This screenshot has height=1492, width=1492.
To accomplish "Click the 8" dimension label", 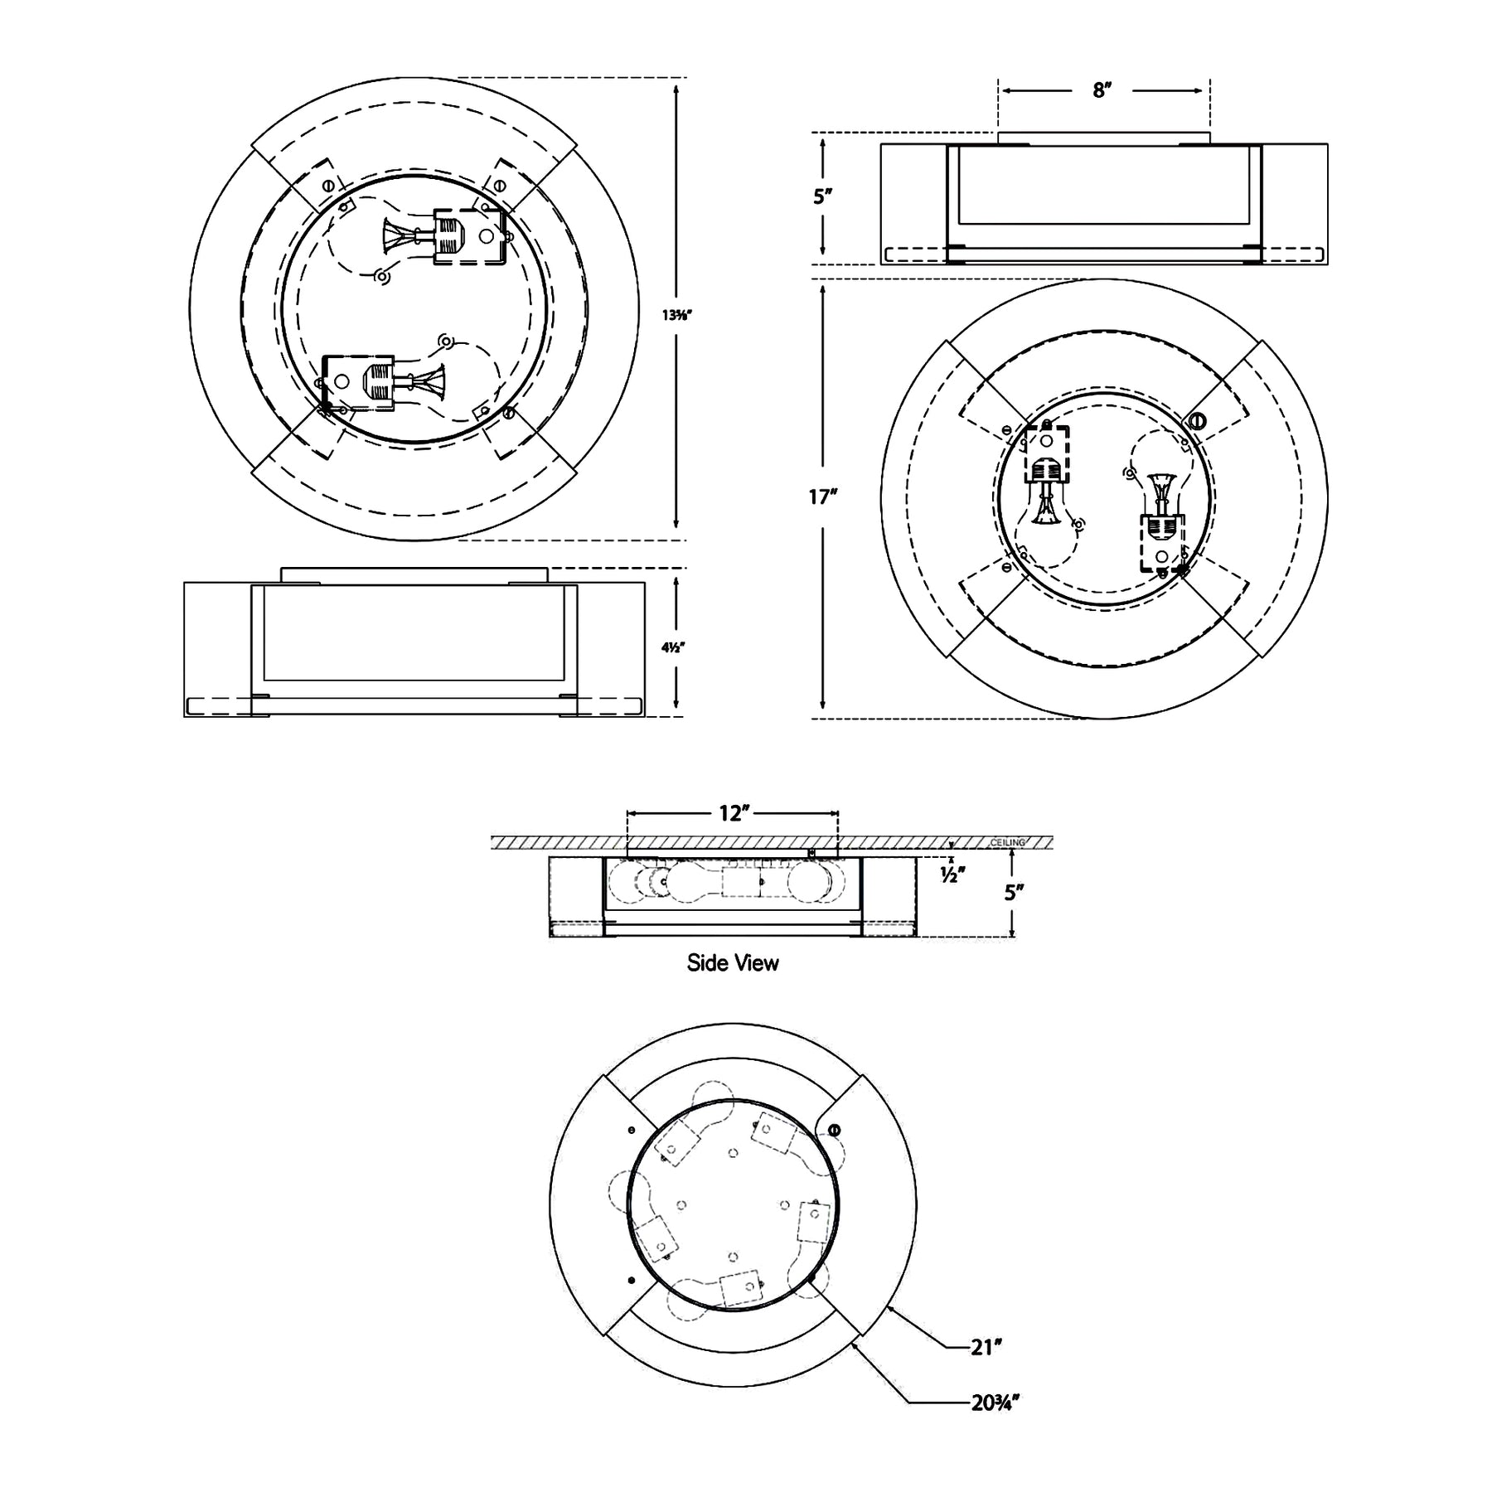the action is [x=1101, y=90].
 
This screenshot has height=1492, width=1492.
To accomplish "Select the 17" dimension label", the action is [x=823, y=497].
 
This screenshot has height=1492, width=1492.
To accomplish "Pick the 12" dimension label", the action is [x=734, y=813].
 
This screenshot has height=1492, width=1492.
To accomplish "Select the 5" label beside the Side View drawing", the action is [x=1014, y=893].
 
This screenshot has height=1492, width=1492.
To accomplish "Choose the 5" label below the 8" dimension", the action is [x=822, y=196].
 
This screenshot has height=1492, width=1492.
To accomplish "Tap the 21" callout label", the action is [x=986, y=1347].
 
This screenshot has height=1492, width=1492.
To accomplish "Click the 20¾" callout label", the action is [x=995, y=1402].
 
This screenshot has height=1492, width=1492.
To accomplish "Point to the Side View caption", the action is [x=733, y=962].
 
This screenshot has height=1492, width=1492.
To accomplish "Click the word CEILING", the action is [x=1008, y=843].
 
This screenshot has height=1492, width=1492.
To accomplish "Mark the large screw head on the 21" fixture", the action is [x=834, y=1130].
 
